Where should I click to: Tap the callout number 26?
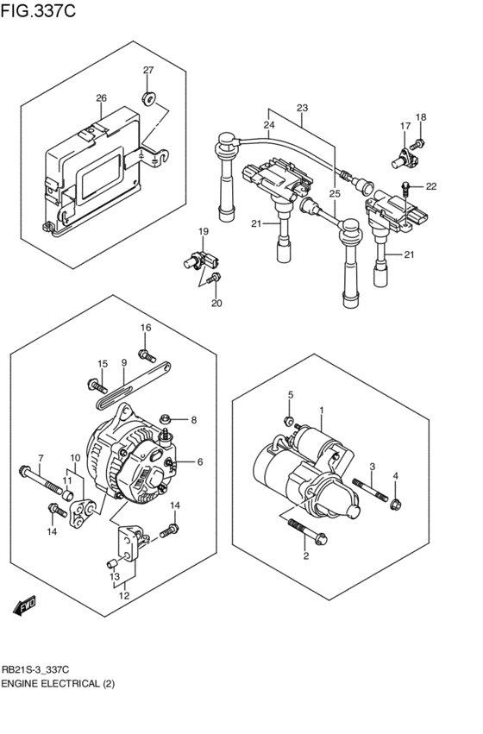point(102,98)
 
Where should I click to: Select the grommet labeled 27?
point(148,95)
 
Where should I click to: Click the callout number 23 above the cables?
point(302,108)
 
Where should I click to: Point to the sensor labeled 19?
point(194,260)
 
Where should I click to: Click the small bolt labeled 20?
point(216,279)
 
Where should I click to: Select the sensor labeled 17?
point(404,157)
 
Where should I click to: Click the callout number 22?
point(431,186)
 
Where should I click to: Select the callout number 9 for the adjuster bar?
point(124,363)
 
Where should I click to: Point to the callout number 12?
point(123,595)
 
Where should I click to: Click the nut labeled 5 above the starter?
point(291,421)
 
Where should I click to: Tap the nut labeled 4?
point(395,505)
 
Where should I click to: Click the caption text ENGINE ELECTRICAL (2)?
point(57,683)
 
